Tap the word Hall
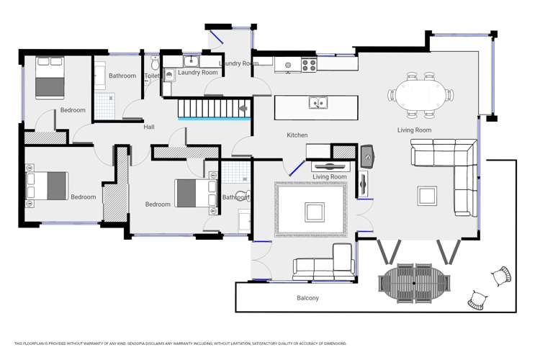click(149, 127)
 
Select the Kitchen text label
click(297, 135)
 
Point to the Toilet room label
click(152, 76)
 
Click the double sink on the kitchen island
click(318, 103)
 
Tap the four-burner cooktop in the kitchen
click(309, 65)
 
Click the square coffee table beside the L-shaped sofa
click(427, 195)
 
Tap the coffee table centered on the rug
click(315, 211)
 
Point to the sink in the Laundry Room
click(192, 61)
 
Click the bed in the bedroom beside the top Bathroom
click(50, 78)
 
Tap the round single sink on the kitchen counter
click(288, 65)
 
